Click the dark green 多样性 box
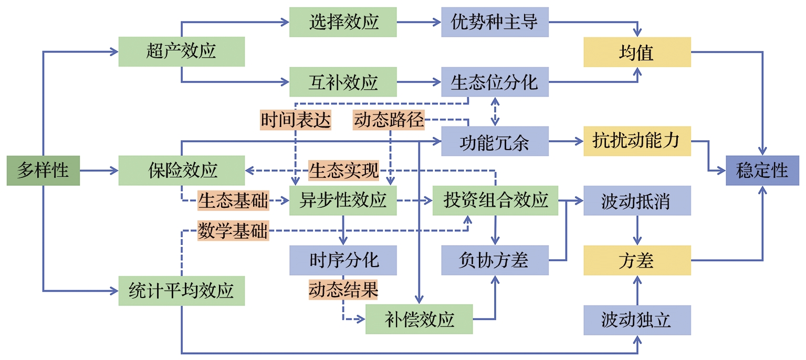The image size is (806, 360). click(43, 171)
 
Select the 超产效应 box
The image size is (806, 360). click(181, 51)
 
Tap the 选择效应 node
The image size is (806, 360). click(343, 22)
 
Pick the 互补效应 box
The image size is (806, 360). click(343, 82)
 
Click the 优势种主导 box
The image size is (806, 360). click(495, 22)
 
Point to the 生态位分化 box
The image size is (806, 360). click(495, 82)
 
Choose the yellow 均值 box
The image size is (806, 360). click(637, 52)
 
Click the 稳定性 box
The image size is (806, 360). click(762, 171)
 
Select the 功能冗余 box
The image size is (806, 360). click(495, 141)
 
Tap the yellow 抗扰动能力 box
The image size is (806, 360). click(637, 141)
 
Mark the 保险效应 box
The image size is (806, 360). click(181, 171)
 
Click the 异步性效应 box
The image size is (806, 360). click(343, 200)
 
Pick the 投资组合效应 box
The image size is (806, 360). click(495, 200)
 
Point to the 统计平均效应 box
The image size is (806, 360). click(181, 291)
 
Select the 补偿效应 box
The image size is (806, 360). click(419, 319)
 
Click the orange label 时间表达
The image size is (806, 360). click(296, 120)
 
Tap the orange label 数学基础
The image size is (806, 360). click(233, 230)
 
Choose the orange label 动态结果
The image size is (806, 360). click(343, 290)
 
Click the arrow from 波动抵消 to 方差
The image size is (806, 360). click(637, 230)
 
